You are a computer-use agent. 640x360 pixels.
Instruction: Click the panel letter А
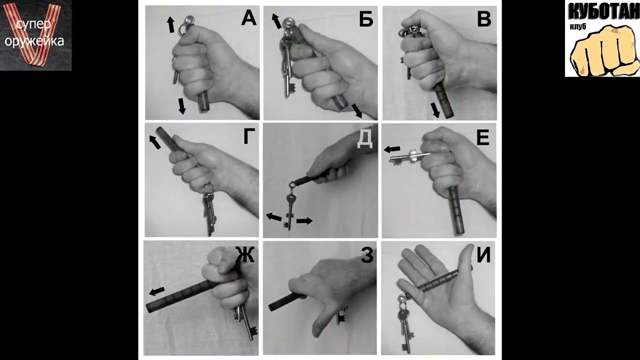(248, 18)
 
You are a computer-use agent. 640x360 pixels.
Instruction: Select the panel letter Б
(366, 19)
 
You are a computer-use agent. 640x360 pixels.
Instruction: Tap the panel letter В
(484, 19)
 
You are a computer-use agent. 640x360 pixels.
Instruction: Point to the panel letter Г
(249, 136)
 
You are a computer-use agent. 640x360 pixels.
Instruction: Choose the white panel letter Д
(365, 140)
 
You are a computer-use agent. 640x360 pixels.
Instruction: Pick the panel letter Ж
(245, 254)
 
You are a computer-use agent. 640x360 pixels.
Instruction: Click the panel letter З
(367, 255)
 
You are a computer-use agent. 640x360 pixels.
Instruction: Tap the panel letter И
(483, 255)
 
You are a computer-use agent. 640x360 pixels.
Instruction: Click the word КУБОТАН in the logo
(603, 11)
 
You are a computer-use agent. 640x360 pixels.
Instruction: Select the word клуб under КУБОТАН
(577, 26)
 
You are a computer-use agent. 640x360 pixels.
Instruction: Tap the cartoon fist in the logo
(604, 50)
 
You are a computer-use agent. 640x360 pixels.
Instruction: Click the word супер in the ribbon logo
(33, 25)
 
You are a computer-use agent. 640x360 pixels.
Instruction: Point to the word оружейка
(34, 41)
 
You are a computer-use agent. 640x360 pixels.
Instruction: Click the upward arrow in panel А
(170, 24)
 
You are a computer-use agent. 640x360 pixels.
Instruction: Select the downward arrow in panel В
(435, 110)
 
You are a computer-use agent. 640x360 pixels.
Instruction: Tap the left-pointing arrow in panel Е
(392, 149)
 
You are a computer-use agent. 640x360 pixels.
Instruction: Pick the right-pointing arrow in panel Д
(304, 221)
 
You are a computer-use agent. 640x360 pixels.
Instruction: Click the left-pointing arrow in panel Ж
(157, 291)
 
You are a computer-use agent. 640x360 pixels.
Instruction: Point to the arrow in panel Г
(155, 142)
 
